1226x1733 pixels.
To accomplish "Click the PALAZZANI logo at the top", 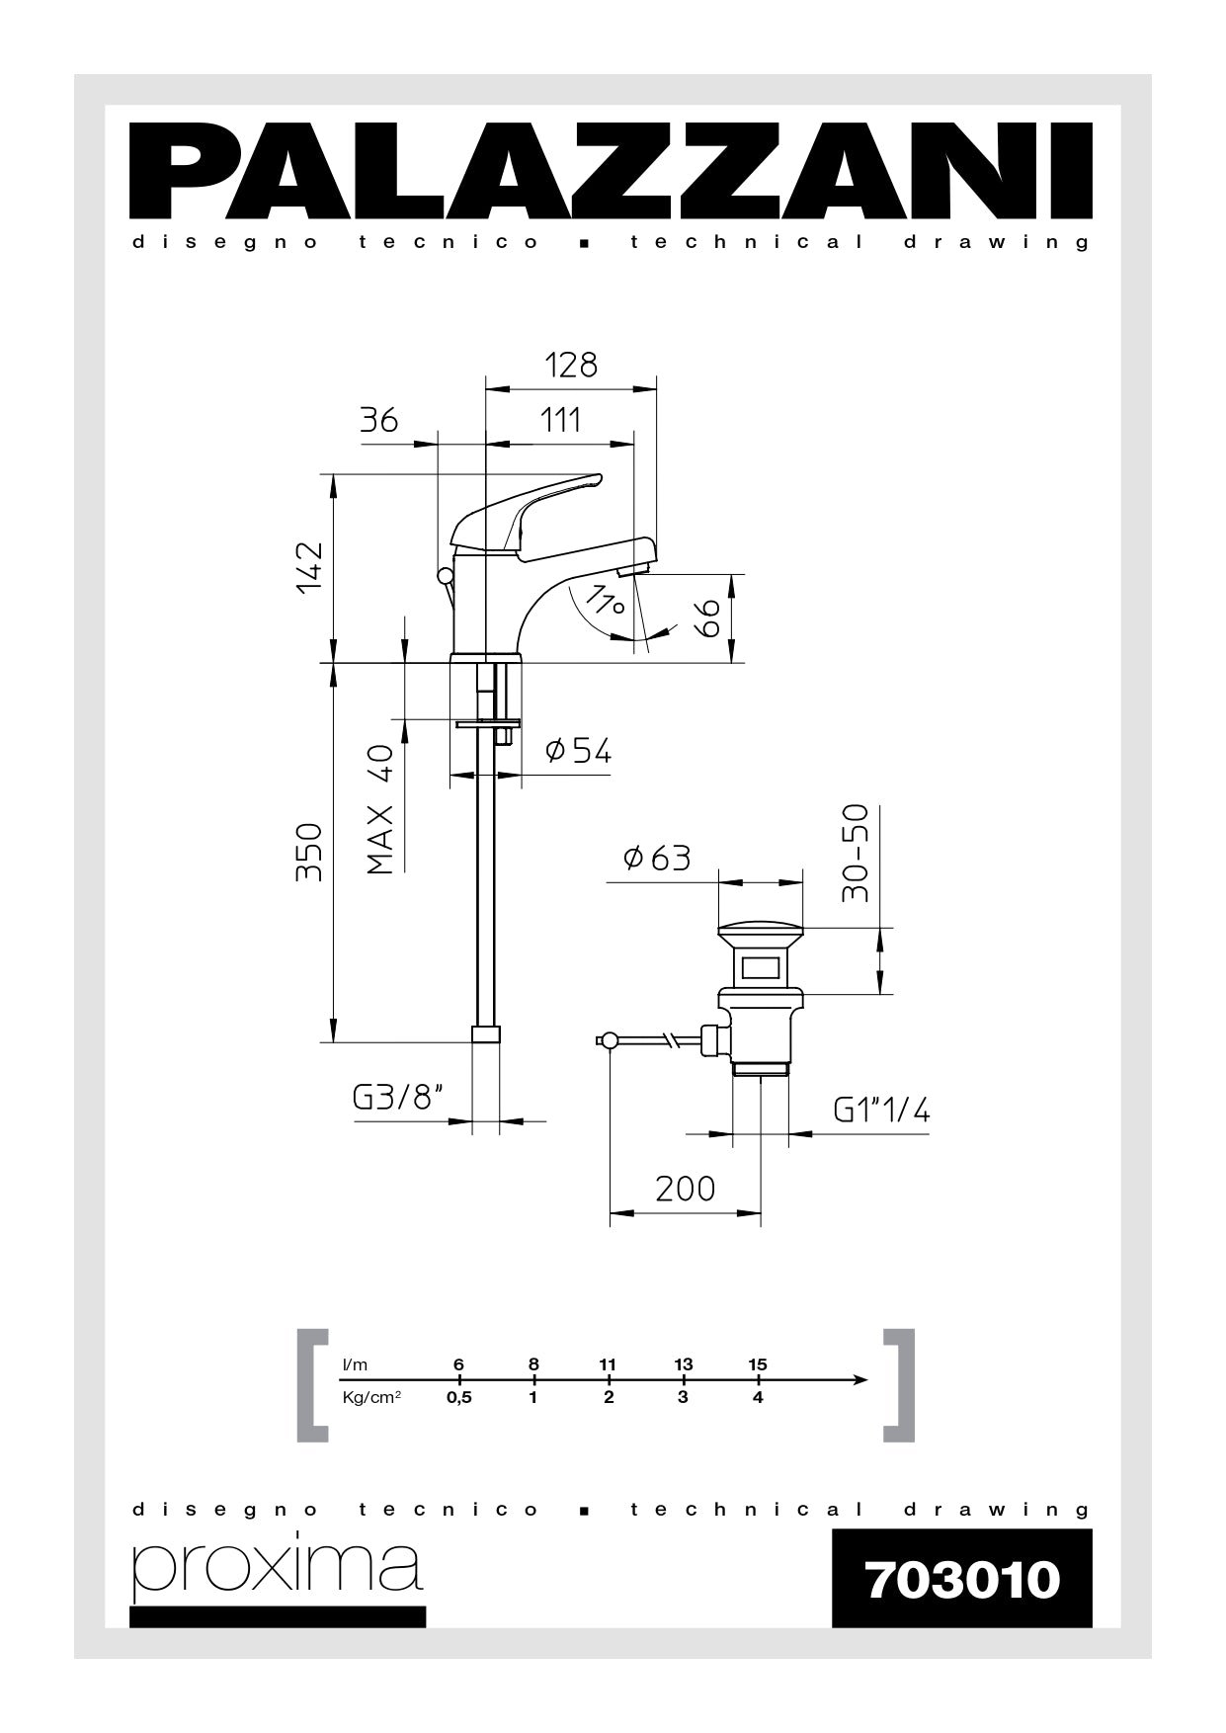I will pos(612,170).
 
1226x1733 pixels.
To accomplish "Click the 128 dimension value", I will pos(571,366).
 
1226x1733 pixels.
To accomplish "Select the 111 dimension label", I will pos(560,420).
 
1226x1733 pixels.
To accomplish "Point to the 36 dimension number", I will pos(378,420).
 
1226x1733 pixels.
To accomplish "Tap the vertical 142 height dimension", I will pos(309,566).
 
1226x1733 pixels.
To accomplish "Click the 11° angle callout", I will pos(605,600).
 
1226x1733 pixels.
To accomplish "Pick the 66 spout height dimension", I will pos(707,619).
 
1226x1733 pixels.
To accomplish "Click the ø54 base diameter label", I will pos(579,751).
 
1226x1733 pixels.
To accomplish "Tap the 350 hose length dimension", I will pos(309,852).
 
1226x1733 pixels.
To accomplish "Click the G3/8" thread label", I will pos(397,1098).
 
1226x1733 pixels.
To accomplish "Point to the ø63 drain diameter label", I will pos(657,858).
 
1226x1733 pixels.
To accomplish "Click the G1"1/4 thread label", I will pos(881,1111).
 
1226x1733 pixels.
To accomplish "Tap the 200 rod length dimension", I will pos(685,1188).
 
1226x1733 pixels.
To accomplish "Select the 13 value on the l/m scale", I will pos(683,1364).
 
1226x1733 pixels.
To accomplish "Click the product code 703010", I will pos(961,1579).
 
